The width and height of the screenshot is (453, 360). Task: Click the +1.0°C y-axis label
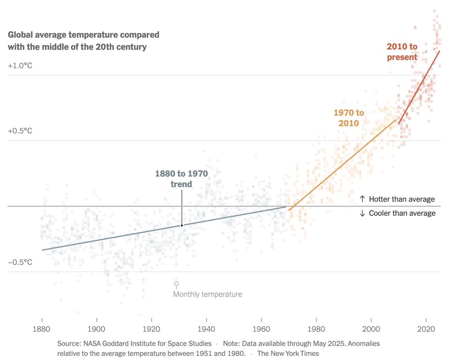[20, 66]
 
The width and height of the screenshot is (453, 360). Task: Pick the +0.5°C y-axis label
[20, 131]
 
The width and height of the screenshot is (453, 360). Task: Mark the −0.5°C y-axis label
[20, 262]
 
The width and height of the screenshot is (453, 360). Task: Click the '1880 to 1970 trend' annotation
[181, 179]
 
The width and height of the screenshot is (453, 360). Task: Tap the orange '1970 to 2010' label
[349, 118]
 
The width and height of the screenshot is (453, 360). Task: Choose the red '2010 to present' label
[402, 52]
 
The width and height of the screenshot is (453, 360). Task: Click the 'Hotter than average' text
[397, 199]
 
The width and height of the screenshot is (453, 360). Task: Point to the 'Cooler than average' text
[397, 213]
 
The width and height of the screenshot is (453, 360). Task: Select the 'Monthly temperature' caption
[207, 294]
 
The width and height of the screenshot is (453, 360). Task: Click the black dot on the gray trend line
[182, 225]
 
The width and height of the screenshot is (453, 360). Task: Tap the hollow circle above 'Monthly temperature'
[176, 284]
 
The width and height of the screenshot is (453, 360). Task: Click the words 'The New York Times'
[288, 354]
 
